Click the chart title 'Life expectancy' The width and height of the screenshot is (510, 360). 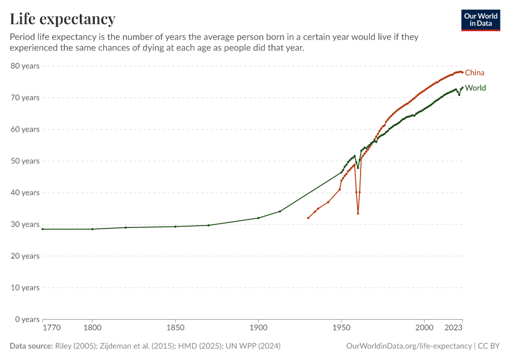62,19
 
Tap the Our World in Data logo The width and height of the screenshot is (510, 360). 481,20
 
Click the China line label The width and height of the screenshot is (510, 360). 475,73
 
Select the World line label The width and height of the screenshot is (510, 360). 476,88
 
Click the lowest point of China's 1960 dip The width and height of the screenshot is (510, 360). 358,213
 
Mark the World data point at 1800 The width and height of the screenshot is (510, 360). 92,229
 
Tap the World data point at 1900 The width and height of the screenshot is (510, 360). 258,218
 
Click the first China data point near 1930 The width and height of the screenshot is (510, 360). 308,218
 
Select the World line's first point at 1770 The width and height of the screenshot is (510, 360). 43,229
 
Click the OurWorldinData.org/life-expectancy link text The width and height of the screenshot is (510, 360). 409,346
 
